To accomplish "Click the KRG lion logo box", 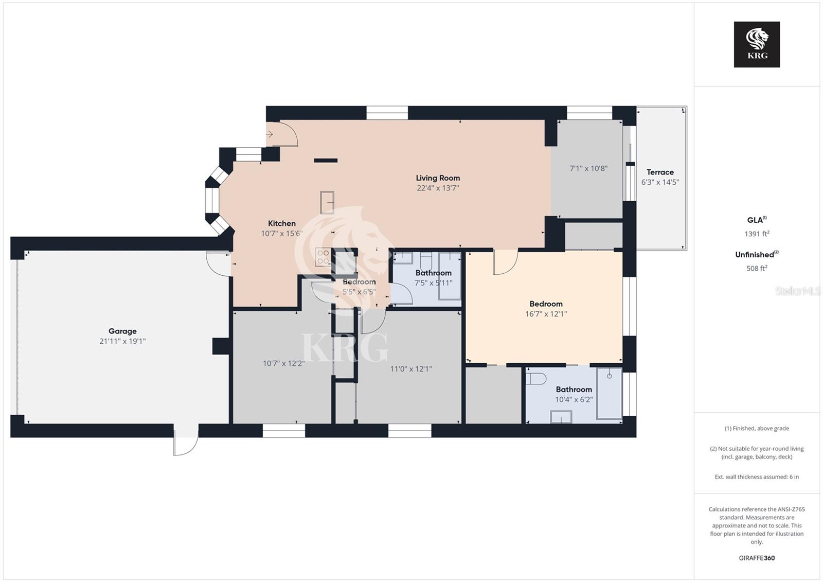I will pos(757,44).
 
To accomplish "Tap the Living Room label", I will pos(438,178).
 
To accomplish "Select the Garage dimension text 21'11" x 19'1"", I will pos(122,341).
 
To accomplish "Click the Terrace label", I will pos(660,172).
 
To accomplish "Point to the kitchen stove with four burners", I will pos(323,257).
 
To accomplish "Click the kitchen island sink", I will pos(327,202).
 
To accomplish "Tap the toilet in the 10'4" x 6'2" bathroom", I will pos(536,379).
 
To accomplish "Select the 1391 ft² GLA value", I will pos(757,234).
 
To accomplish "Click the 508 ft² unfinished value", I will pos(757,268).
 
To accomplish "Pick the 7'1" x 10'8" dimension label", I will pos(588,168).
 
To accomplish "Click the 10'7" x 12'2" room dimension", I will pos(283,363).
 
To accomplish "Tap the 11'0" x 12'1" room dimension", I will pos(410,369).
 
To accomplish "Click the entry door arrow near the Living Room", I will pos(270,135).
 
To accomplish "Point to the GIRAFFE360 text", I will pos(757,558).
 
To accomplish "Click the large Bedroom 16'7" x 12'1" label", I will pos(546,309).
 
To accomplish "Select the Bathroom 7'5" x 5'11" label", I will pos(433,278).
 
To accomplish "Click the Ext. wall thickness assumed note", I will pos(757,477).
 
